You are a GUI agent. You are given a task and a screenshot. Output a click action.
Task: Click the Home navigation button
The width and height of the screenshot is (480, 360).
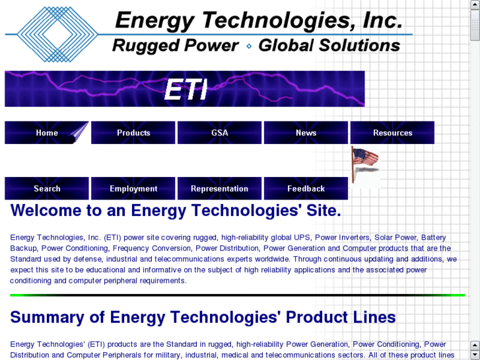tap(47, 133)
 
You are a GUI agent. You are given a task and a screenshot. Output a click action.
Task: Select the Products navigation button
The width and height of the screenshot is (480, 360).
tap(133, 133)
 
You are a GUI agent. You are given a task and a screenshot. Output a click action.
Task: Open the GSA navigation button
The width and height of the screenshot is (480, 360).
tap(220, 133)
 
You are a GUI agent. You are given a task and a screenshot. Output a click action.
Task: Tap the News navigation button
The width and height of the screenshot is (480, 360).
tap(306, 133)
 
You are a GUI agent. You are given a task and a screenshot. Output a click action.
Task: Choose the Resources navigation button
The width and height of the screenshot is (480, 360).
tap(392, 133)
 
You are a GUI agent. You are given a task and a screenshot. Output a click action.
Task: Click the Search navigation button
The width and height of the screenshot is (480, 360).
tap(47, 189)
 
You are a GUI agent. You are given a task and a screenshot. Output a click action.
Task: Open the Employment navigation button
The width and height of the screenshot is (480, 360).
tap(133, 189)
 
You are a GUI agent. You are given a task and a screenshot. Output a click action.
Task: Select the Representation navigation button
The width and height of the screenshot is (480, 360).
tap(220, 189)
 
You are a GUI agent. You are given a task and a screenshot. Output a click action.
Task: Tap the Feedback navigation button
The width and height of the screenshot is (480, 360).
tap(306, 189)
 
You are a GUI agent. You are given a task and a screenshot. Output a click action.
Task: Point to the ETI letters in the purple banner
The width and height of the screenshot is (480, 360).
tap(186, 90)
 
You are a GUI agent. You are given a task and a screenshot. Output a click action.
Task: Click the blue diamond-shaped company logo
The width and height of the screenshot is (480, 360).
tap(55, 34)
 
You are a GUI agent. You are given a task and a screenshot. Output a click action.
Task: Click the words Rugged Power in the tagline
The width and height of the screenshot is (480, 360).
tap(175, 46)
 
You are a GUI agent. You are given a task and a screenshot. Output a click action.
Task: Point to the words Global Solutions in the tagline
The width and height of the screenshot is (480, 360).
tap(329, 46)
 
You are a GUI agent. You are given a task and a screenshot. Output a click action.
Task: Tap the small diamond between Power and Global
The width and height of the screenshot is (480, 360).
tap(249, 46)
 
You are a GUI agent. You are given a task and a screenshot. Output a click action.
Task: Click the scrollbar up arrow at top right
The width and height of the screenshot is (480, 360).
tap(475, 5)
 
